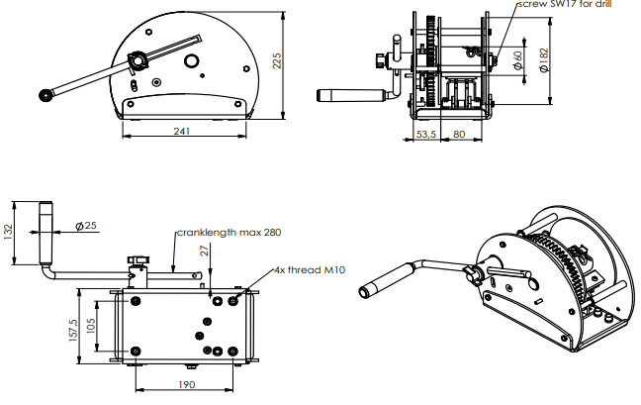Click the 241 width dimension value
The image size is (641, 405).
coord(183,131)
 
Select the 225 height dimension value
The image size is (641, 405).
coord(277,63)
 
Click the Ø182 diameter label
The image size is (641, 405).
coord(545,61)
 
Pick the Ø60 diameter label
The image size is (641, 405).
coord(518,61)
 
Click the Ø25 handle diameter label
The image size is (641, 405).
coord(87,226)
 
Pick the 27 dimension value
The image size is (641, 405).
coord(205,253)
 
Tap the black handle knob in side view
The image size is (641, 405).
coord(46,96)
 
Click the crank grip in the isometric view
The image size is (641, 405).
coord(381,284)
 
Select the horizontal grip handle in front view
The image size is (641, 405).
coord(351,96)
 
